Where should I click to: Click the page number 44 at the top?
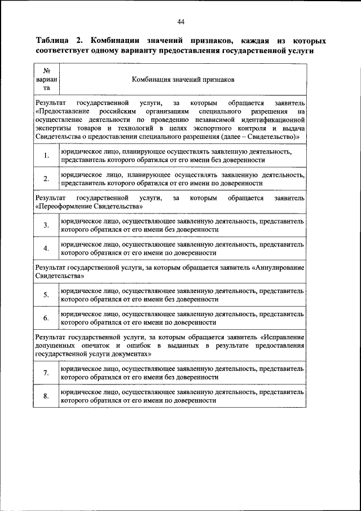pos(180,22)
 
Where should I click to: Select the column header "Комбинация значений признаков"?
pos(183,80)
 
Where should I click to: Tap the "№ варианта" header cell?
pos(47,80)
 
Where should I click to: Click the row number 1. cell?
pos(46,156)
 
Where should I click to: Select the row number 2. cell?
pos(46,179)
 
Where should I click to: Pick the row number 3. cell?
pos(46,225)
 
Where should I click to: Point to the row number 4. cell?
pos(46,248)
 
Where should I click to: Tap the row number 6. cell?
pos(46,318)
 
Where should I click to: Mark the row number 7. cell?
pos(46,373)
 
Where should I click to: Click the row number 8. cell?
pos(46,396)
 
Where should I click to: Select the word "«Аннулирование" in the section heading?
pos(279,267)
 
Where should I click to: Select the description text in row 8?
pos(183,396)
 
